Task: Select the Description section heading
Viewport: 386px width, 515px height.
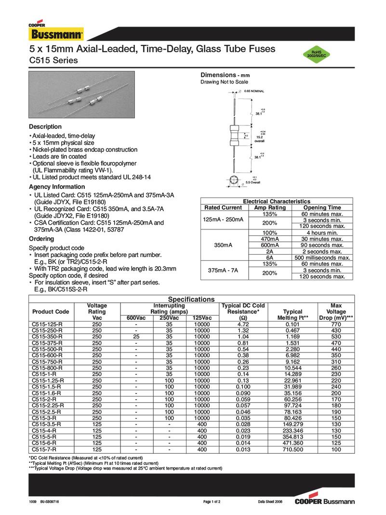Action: click(45, 127)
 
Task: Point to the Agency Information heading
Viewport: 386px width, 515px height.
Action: click(57, 187)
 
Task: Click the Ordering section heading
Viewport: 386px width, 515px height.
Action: click(41, 239)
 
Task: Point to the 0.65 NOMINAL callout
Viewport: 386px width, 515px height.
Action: click(254, 91)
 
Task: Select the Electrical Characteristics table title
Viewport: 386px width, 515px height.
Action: click(277, 201)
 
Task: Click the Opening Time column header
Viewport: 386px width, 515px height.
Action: click(322, 207)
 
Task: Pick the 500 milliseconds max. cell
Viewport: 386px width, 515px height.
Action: click(322, 257)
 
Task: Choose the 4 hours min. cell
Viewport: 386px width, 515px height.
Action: click(322, 232)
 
